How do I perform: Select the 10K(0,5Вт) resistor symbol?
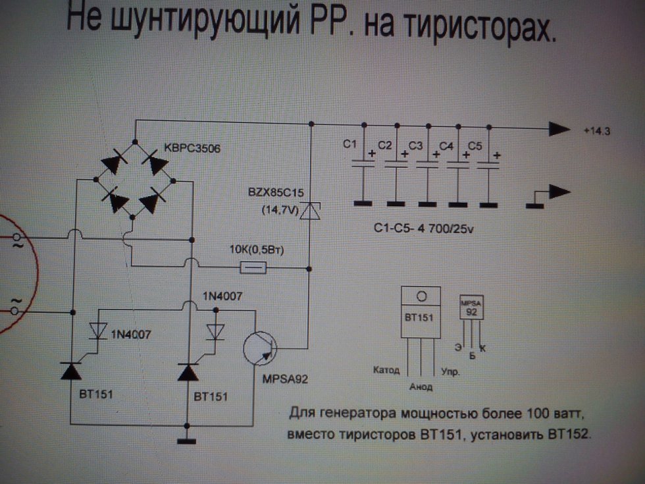click(x=253, y=267)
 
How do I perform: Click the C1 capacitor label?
click(x=349, y=144)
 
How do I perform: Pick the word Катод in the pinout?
click(x=386, y=369)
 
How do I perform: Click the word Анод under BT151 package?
click(x=423, y=386)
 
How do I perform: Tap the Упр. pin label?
click(x=450, y=372)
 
